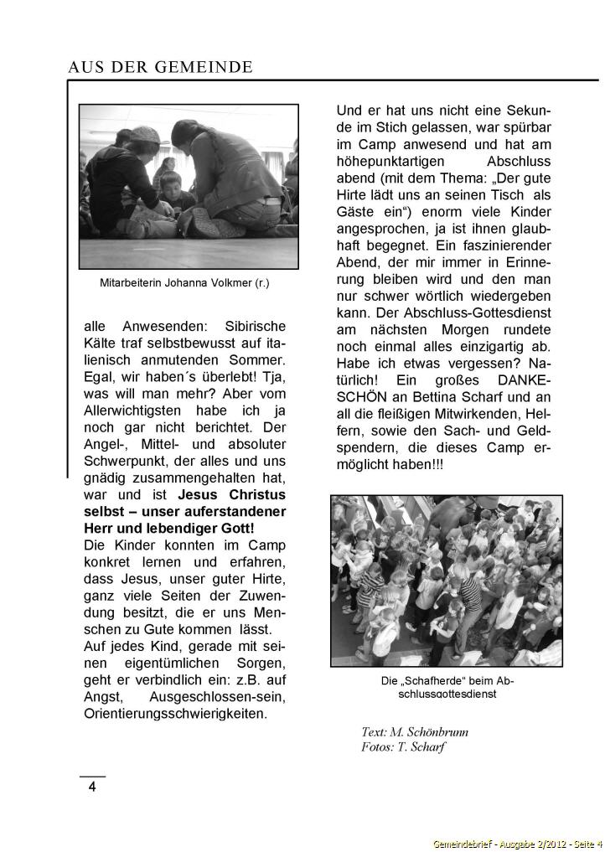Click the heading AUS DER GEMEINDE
[x=160, y=67]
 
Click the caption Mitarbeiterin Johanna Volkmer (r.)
[x=184, y=283]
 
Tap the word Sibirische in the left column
[x=255, y=326]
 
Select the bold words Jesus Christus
[x=232, y=495]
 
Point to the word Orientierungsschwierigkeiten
[x=175, y=714]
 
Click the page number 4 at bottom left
[x=92, y=787]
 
